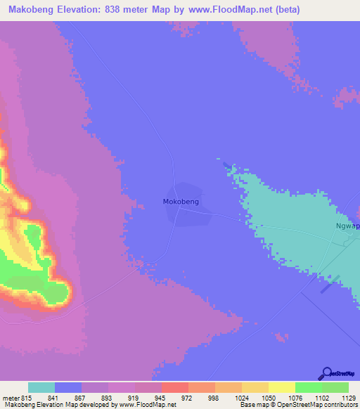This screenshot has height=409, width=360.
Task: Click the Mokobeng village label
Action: click(x=181, y=202)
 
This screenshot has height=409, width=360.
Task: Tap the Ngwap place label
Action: click(x=347, y=226)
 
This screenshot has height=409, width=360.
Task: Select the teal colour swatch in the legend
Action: click(x=41, y=387)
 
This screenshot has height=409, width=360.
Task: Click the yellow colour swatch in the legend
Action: click(x=282, y=387)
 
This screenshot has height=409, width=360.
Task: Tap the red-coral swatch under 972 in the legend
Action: click(x=175, y=387)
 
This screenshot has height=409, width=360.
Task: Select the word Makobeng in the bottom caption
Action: click(x=18, y=405)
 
